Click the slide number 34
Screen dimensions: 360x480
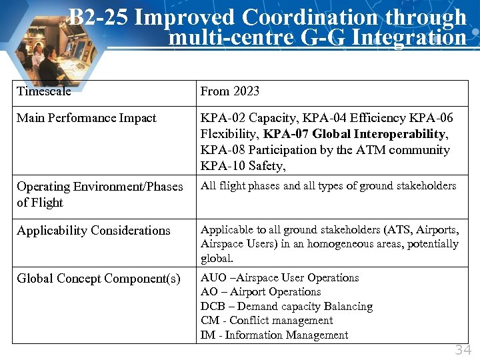point(463,350)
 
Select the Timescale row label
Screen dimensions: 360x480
point(43,91)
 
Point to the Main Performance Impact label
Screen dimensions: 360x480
point(87,118)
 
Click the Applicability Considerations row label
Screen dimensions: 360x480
point(93,231)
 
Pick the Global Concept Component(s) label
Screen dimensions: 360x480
point(99,278)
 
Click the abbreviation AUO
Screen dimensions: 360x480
point(213,278)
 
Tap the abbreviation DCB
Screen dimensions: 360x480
point(213,307)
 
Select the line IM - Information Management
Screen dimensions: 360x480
point(274,335)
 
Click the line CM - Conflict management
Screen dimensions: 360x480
point(267,321)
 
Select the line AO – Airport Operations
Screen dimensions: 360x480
point(261,292)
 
